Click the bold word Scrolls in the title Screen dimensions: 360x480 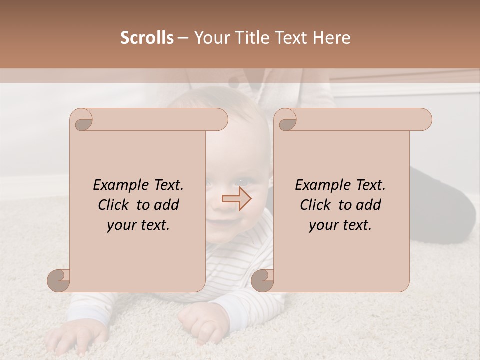147,38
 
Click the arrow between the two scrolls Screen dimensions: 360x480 237,199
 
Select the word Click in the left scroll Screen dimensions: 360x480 114,205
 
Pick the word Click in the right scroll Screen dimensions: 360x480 316,205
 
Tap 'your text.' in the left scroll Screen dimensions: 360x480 138,225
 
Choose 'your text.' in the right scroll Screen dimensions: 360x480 340,225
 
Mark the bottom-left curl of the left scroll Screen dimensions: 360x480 59,280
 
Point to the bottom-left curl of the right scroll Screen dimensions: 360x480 262,280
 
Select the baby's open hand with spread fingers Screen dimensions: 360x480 75,338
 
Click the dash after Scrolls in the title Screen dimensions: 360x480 183,38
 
